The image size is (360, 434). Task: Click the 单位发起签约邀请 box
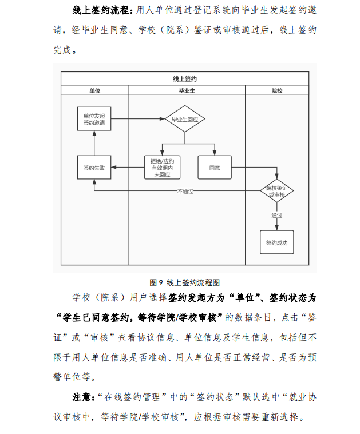coord(94,119)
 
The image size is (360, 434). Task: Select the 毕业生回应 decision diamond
coord(185,119)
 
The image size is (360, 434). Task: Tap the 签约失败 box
coord(94,168)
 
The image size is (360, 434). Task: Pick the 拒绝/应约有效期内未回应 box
coord(162,168)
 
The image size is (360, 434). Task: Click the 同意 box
coord(215,168)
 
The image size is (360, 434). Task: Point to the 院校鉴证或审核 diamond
coord(277,191)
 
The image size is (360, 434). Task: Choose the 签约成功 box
coord(277,242)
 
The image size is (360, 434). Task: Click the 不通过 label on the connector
coord(185,191)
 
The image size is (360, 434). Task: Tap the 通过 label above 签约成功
coord(277,216)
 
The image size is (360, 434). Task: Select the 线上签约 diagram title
coord(185,79)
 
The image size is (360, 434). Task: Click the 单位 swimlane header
coord(95,90)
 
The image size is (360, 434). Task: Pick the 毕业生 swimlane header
coord(187,90)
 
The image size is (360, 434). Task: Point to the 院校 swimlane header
coord(277,90)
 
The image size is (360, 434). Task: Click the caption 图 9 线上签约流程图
coord(184,282)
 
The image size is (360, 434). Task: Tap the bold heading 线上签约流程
coord(101,10)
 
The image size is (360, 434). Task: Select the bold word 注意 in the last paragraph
coord(82,397)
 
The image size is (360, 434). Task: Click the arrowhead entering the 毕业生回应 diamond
coord(163,119)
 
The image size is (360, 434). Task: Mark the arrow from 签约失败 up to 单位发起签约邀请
coord(94,143)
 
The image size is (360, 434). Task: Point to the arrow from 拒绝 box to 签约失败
coord(128,167)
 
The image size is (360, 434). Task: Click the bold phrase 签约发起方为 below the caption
coord(196,298)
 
